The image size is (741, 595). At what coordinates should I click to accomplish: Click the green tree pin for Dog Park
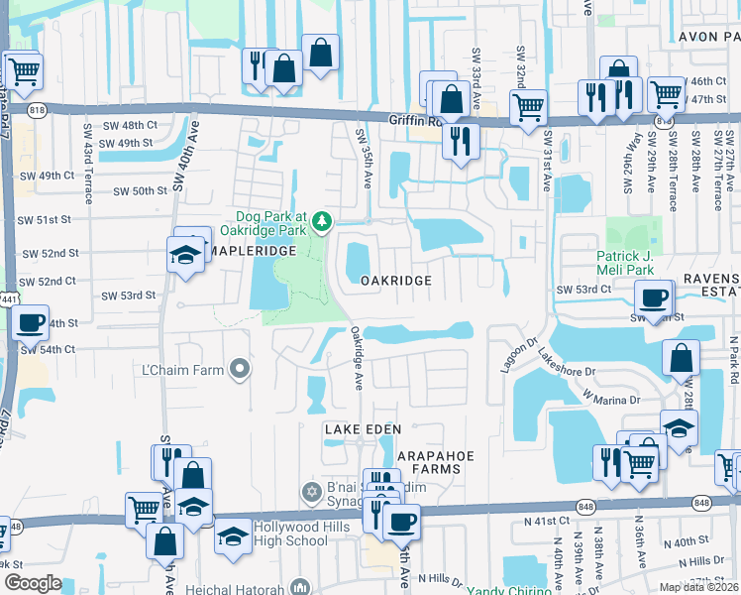(321, 219)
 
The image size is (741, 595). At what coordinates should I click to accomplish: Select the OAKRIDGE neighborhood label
(395, 281)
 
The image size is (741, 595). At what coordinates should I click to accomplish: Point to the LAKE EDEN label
(363, 428)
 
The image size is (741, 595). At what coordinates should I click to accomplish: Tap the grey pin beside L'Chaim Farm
(239, 370)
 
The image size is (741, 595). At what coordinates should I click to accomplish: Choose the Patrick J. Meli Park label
(639, 262)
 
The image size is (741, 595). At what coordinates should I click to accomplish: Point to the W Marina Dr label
(611, 399)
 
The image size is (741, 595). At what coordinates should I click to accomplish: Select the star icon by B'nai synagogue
(311, 492)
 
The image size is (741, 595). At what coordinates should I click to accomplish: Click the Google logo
(33, 583)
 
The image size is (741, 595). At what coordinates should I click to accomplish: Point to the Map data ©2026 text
(698, 587)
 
